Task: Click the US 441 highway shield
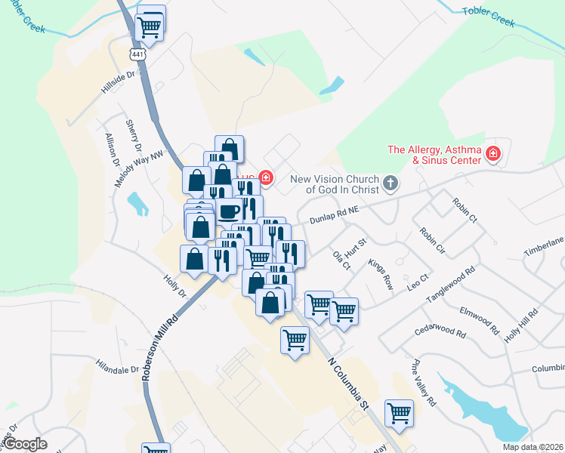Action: tap(137, 54)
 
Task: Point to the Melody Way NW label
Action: tap(139, 168)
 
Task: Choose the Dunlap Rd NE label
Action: tap(336, 217)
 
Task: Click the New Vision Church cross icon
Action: tap(390, 183)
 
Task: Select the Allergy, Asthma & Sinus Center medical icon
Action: tap(493, 155)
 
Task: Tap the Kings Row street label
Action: tap(381, 273)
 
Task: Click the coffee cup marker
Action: tap(229, 210)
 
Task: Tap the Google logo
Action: tap(24, 444)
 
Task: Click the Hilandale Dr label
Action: tap(118, 368)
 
